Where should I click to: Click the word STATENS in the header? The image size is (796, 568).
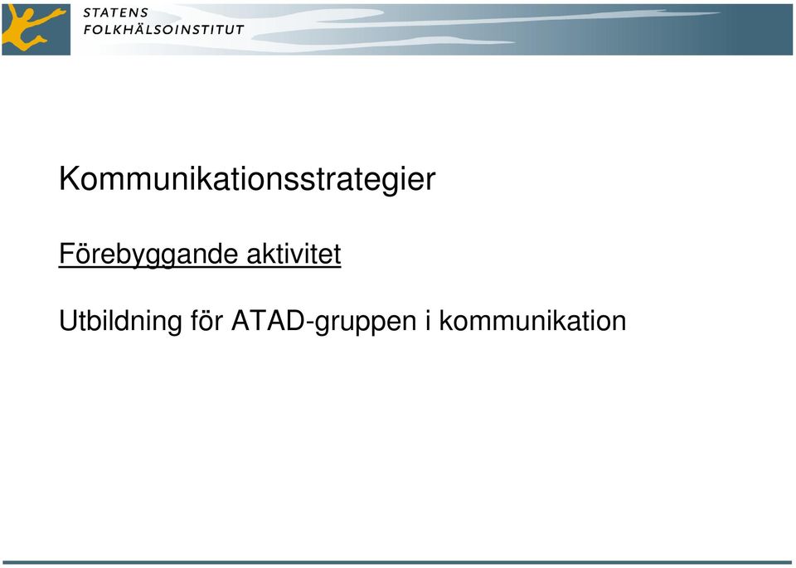coord(116,13)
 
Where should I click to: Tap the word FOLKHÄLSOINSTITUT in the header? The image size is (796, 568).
coord(163,30)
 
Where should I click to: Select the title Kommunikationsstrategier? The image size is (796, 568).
coord(247,180)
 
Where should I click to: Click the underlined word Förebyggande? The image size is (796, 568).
coord(148,255)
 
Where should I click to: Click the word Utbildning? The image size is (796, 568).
coord(120,321)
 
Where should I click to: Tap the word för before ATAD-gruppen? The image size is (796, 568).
coord(207,320)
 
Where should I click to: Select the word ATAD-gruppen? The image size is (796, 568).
coord(324,322)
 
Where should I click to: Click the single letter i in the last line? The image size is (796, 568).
coord(428,320)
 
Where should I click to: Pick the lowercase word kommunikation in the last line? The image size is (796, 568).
coord(532,320)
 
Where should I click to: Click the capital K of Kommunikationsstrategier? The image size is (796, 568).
coord(69,178)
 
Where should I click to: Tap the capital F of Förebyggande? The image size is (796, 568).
coord(67,253)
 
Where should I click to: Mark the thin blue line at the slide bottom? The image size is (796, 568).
coord(398,562)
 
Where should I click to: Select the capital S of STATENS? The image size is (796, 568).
coord(88,13)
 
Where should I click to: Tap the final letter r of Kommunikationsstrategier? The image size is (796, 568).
coord(430,182)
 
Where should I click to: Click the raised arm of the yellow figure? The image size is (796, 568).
coord(52,15)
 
